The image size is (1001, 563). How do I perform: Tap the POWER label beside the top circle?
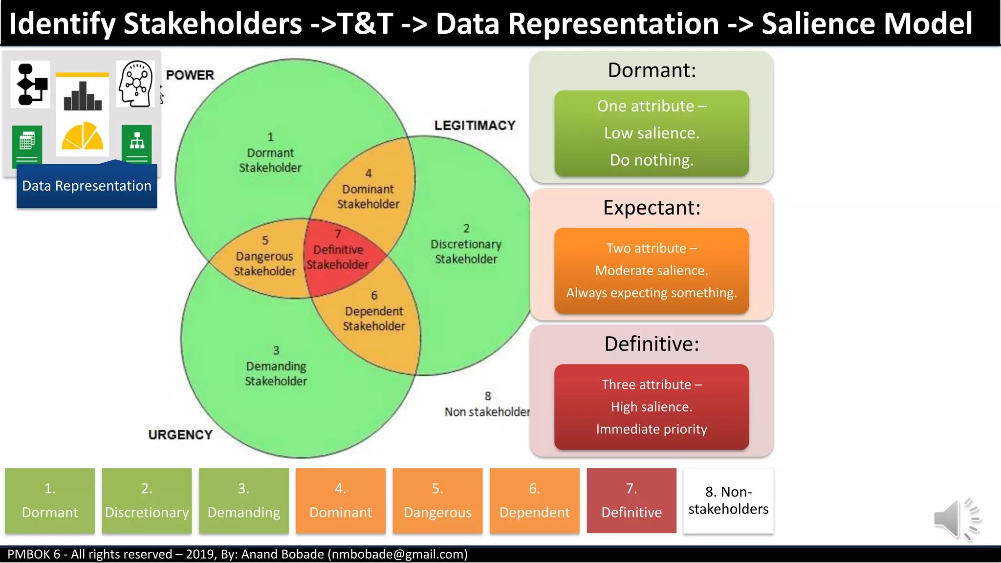coord(190,75)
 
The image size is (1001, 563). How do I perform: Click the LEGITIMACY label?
coord(475,126)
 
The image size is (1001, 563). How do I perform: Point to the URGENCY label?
coord(180,434)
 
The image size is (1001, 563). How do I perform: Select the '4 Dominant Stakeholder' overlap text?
coord(368,190)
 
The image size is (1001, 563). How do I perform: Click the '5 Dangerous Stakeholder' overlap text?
coord(264,257)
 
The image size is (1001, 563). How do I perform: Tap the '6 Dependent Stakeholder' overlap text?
coord(374,311)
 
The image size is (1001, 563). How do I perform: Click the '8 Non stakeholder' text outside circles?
coord(487,405)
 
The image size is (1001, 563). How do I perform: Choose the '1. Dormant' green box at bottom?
coord(50,500)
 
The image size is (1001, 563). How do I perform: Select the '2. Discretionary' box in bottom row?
coord(147,500)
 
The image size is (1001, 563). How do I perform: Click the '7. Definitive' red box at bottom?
coord(631,500)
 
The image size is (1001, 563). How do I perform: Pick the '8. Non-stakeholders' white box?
coord(728,500)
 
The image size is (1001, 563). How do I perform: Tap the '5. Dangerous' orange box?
coord(437,500)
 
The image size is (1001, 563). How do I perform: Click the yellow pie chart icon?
coord(82,136)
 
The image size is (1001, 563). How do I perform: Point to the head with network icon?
coord(135,84)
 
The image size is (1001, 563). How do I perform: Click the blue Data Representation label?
coord(87,186)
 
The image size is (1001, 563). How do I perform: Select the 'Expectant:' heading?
coord(652,208)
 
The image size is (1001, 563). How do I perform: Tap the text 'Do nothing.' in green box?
coord(652,160)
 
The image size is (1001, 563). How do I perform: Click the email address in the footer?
coord(397,554)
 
